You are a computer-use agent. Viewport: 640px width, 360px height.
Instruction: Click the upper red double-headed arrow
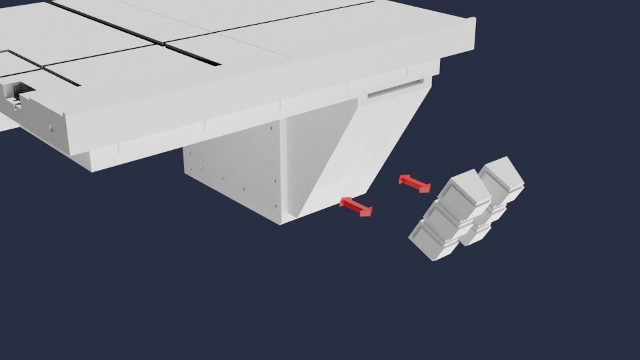click(415, 184)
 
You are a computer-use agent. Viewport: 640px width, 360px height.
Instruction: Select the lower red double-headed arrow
click(356, 207)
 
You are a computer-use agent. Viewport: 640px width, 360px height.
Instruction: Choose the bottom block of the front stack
click(433, 241)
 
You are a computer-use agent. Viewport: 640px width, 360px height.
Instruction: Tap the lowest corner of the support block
click(283, 223)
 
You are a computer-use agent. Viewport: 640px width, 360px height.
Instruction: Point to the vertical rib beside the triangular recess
click(282, 167)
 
